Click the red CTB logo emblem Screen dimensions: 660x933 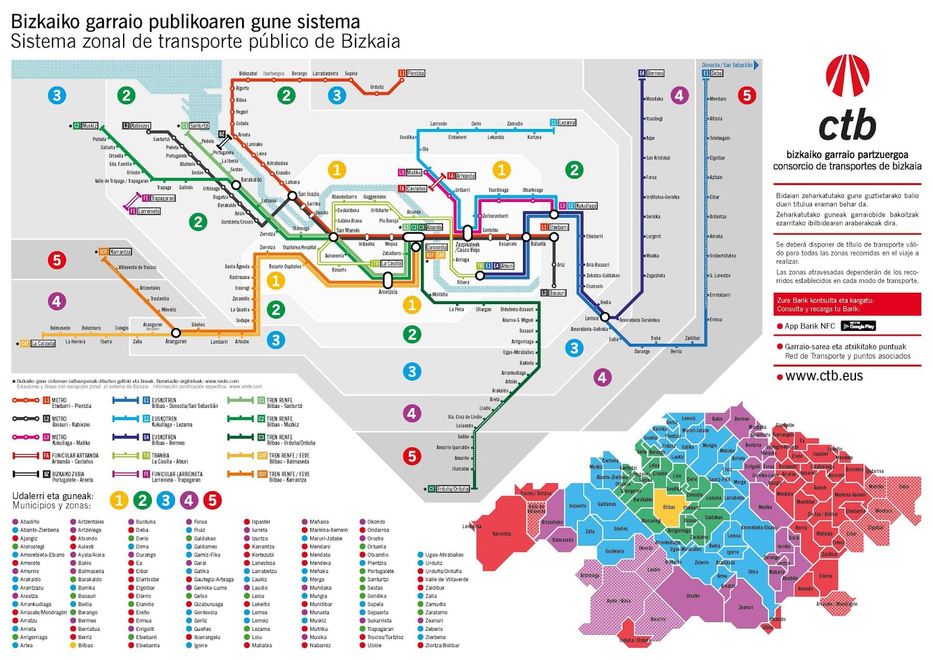pyautogui.click(x=847, y=75)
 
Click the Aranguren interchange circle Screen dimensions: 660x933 pyautogui.click(x=176, y=333)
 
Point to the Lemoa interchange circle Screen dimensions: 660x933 pyautogui.click(x=605, y=317)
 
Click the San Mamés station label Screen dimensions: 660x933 pyautogui.click(x=348, y=231)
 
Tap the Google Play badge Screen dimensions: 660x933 pyautogui.click(x=859, y=326)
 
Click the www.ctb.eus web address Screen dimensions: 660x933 pyautogui.click(x=823, y=376)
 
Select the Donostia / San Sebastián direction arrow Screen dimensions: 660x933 pyautogui.click(x=756, y=65)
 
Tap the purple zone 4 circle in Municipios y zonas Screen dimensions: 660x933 pyautogui.click(x=188, y=500)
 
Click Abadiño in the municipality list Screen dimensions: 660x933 pyautogui.click(x=30, y=522)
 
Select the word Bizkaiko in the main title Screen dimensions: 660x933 pyautogui.click(x=46, y=22)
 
